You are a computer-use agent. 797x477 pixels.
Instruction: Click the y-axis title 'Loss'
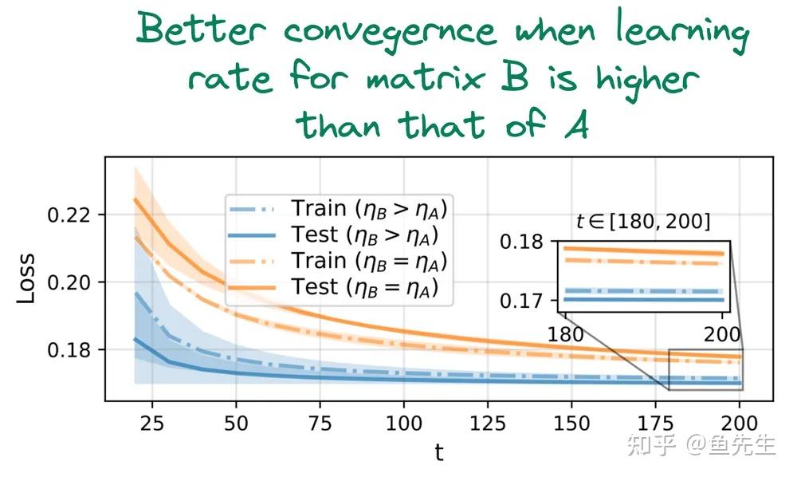27,279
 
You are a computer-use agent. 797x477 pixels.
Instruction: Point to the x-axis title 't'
438,453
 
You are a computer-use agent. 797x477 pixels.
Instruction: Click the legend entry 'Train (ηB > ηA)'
367,209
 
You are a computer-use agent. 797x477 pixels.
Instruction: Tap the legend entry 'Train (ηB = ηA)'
367,261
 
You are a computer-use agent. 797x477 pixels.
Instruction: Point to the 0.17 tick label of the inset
521,302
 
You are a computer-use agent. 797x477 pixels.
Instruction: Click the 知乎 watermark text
652,444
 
